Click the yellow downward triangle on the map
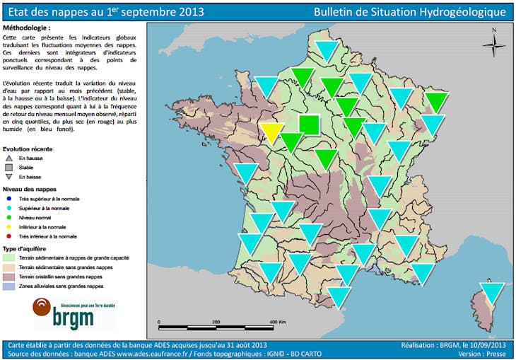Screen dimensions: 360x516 click(x=273, y=132)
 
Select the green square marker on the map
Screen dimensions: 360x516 click(x=309, y=124)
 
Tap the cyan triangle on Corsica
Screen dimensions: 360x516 click(x=492, y=291)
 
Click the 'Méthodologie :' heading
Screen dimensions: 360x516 click(x=27, y=26)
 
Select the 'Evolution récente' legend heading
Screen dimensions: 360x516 click(x=28, y=150)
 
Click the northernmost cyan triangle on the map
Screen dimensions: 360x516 click(x=327, y=50)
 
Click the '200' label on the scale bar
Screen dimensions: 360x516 click(x=216, y=322)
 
